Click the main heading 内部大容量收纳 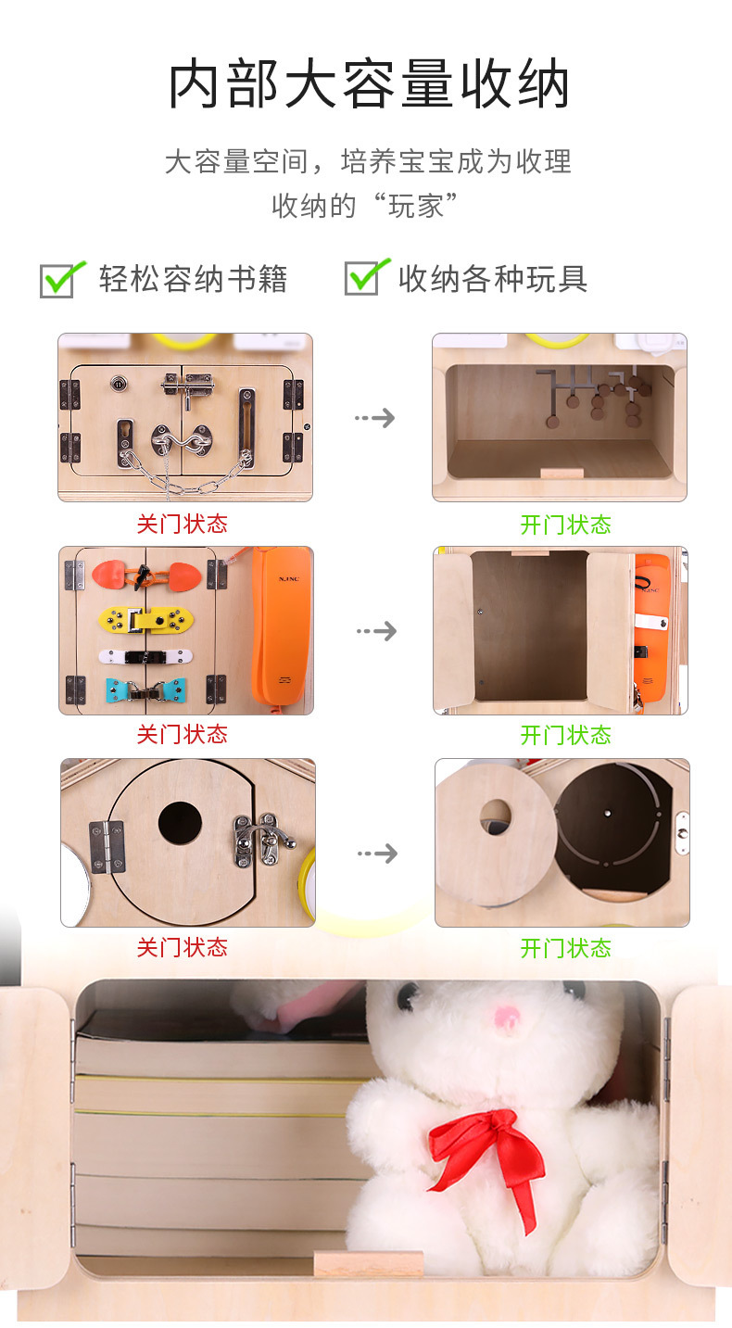coord(368,85)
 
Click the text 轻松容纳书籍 coord(194,279)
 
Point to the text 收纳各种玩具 coord(493,279)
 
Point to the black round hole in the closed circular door coord(180,822)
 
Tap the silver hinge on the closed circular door coord(107,846)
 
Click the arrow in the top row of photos coord(374,418)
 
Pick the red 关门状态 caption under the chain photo coord(182,525)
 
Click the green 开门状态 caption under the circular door coord(565,948)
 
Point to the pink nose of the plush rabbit coord(505,1018)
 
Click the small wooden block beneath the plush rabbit coord(368,1263)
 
